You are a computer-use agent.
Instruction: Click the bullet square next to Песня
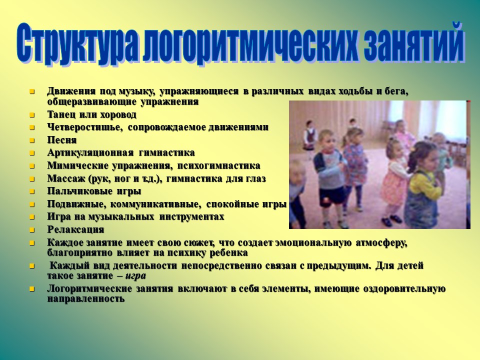click(32, 140)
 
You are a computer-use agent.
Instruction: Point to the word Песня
click(62, 140)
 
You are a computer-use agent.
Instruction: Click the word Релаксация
click(75, 230)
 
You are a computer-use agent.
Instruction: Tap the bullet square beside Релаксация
click(32, 230)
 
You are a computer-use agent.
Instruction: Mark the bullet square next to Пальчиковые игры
click(32, 191)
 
